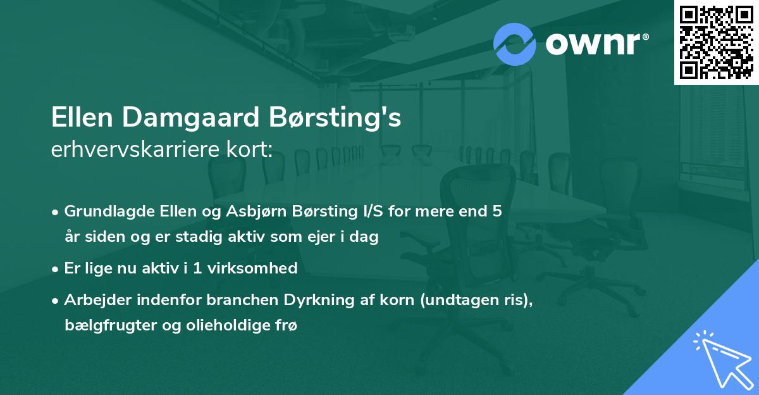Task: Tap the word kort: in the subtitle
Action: [252, 150]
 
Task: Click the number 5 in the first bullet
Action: [498, 211]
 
